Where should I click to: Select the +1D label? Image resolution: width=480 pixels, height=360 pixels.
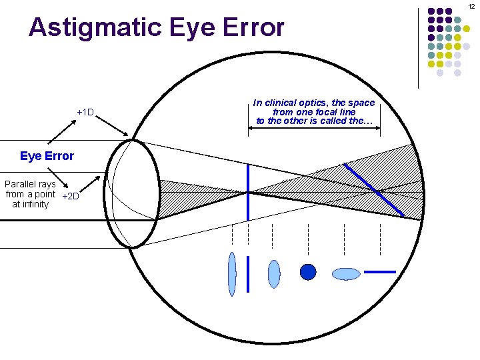click(85, 112)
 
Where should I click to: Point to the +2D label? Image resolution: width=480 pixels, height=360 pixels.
click(70, 196)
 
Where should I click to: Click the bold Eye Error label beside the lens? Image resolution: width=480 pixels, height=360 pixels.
click(47, 156)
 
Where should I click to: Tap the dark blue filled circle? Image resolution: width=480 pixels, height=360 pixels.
click(308, 272)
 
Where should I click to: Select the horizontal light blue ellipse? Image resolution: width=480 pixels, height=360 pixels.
click(346, 273)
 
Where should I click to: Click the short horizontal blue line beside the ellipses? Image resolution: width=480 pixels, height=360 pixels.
click(381, 272)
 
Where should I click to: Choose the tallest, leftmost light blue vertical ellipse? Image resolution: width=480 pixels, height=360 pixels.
click(232, 273)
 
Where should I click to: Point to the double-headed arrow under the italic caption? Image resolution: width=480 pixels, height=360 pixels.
click(314, 129)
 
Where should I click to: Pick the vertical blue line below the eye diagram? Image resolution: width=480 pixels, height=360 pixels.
click(248, 273)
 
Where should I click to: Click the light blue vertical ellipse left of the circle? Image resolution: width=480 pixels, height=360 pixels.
click(274, 273)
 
